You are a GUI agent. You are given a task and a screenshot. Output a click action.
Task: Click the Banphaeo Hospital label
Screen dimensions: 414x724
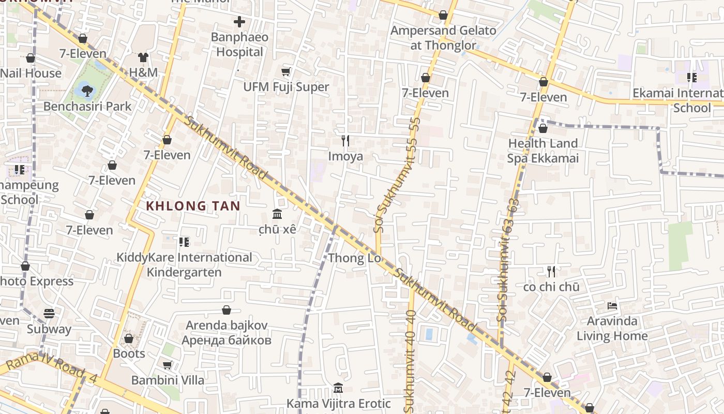[x=239, y=45]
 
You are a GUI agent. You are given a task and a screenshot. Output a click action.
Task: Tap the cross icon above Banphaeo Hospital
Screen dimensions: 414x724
[x=239, y=22]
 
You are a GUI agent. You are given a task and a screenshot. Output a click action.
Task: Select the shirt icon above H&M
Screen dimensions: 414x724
[x=143, y=57]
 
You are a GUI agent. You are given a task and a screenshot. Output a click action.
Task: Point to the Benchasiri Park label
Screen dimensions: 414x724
[x=87, y=106]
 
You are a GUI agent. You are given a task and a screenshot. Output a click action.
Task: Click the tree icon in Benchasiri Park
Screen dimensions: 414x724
[x=87, y=91]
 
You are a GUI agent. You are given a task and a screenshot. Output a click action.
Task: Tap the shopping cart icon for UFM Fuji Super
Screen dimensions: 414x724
[x=286, y=72]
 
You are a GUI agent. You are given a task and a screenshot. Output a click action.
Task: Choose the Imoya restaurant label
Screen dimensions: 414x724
[x=345, y=156]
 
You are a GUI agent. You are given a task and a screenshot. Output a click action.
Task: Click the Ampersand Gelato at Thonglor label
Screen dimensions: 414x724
[x=443, y=38]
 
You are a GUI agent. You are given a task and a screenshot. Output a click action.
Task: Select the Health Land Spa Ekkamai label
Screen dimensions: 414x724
[x=543, y=151]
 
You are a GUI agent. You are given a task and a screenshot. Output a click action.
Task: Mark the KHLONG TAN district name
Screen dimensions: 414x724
[x=193, y=206]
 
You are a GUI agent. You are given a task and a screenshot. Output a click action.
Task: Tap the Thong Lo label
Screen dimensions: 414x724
[x=355, y=258]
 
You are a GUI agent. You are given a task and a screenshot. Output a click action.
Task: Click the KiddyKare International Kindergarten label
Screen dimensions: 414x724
[x=184, y=264]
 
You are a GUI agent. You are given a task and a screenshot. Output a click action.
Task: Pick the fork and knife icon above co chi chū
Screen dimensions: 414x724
[x=551, y=271]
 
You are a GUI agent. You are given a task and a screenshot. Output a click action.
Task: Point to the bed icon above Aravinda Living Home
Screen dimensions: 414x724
[x=612, y=306]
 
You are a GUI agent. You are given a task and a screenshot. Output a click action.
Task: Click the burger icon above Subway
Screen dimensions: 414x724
[x=49, y=314]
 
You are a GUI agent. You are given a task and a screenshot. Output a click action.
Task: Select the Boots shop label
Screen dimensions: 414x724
[x=129, y=353]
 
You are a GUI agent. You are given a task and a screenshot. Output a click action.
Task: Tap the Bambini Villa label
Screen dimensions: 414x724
[x=168, y=380]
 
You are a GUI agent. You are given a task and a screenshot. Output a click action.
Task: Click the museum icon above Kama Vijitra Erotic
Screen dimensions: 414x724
[x=338, y=388]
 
